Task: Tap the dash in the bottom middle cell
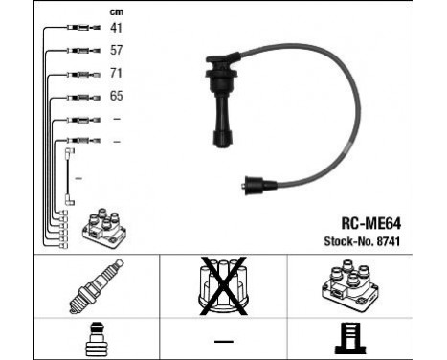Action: pyautogui.click(x=222, y=341)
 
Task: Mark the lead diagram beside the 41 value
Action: pyautogui.click(x=78, y=29)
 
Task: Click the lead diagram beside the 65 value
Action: pyautogui.click(x=78, y=97)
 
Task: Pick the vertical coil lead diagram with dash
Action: pyautogui.click(x=69, y=176)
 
